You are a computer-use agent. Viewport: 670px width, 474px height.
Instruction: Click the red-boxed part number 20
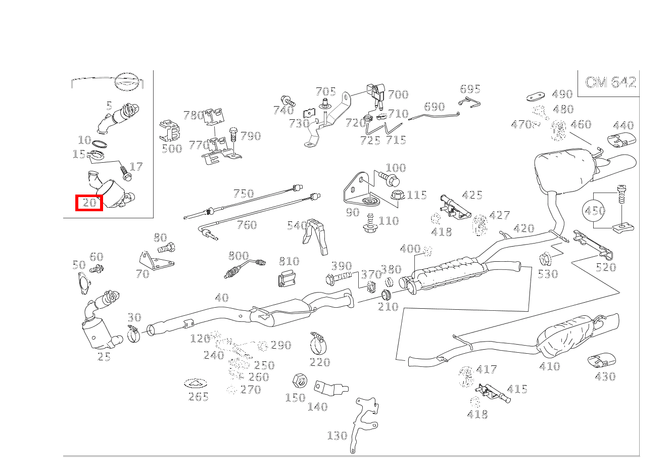point(89,203)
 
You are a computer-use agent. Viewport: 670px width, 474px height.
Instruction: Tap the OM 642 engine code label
point(610,82)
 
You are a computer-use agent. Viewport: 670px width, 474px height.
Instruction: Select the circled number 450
point(595,210)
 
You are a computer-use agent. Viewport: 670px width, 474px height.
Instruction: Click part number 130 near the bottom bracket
point(337,435)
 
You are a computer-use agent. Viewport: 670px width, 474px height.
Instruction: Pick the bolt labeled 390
point(340,277)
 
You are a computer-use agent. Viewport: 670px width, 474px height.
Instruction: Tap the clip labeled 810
point(287,277)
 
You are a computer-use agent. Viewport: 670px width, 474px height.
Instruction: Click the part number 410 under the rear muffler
point(549,366)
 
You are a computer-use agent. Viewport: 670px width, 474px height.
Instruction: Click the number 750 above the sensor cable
point(244,194)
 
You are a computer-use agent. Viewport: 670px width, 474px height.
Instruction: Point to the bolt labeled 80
point(167,248)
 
